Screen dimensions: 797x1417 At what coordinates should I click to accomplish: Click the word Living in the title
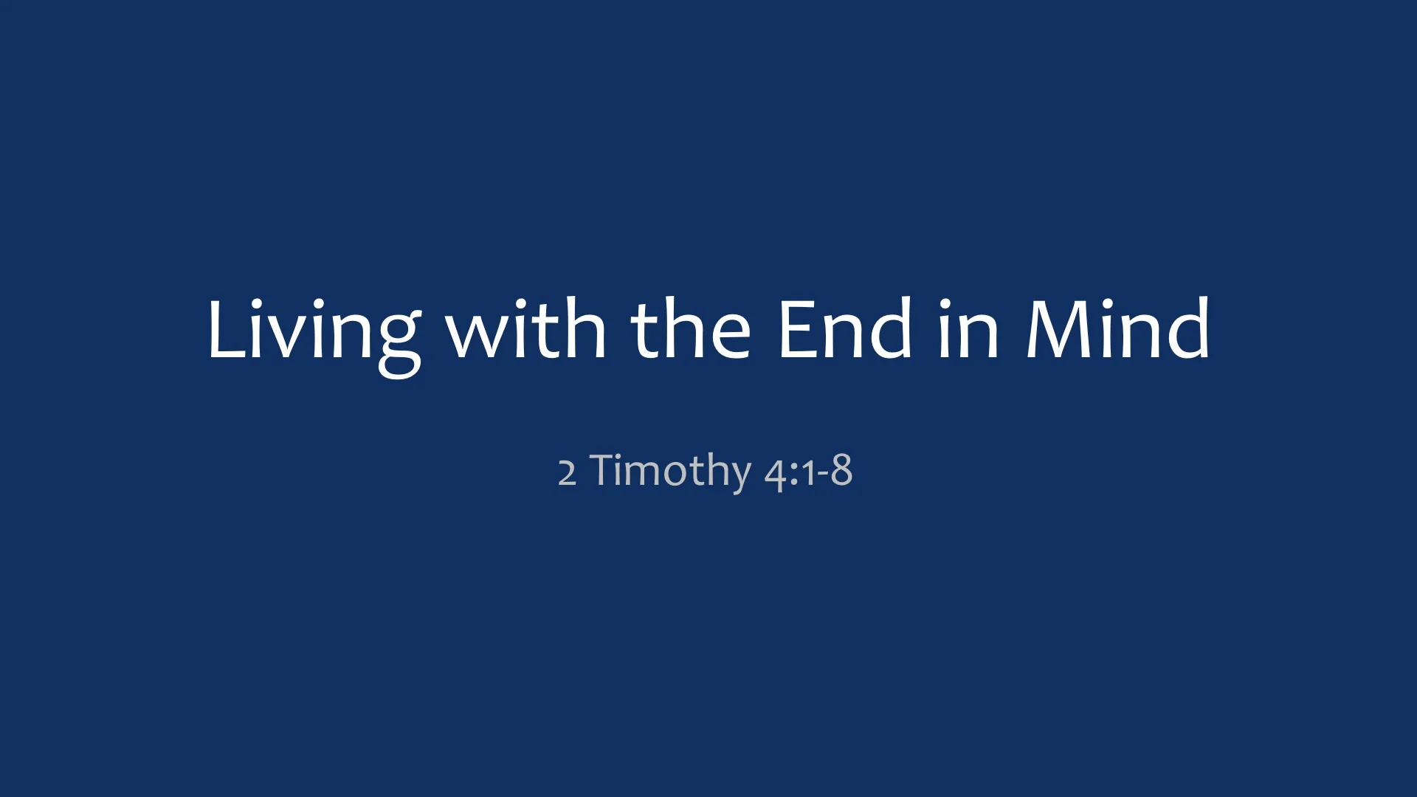coord(314,330)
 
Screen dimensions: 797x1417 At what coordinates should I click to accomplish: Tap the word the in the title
coord(691,330)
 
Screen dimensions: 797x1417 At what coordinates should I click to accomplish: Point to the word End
coord(846,330)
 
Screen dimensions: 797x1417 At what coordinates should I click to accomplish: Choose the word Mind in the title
coord(1118,330)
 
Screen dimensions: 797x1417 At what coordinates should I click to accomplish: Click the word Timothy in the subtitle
coord(670,471)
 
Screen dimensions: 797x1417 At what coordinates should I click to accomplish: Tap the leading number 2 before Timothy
coord(567,472)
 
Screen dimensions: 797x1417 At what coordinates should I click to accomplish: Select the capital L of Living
coord(224,330)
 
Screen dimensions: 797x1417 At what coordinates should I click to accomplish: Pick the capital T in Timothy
coord(606,469)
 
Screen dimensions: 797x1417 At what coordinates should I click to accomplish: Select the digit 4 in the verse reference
coord(775,474)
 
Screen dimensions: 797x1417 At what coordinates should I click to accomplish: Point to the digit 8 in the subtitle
coord(841,471)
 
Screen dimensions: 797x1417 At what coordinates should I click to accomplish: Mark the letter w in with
coord(475,336)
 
